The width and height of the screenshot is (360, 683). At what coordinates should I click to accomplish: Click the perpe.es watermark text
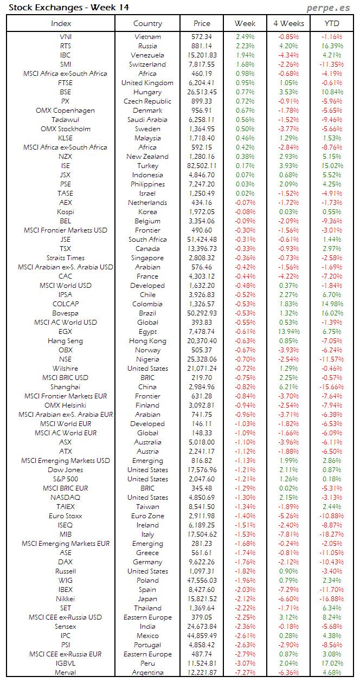[x=328, y=8]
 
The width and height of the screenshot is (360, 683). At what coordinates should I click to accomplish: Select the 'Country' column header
[x=147, y=23]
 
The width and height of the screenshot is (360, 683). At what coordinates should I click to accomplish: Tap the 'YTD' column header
[x=332, y=23]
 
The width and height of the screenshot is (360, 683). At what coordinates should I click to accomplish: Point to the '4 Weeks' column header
[x=288, y=23]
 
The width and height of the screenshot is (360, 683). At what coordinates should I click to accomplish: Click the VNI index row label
[x=66, y=37]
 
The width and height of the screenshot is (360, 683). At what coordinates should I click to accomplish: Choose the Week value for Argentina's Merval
[x=245, y=673]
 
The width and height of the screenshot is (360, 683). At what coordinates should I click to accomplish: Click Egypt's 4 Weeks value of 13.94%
[x=288, y=332]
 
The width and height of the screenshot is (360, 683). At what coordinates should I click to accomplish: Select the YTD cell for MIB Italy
[x=332, y=534]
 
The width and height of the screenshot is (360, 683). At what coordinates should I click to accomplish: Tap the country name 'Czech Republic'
[x=147, y=101]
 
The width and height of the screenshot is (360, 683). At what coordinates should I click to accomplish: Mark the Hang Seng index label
[x=66, y=341]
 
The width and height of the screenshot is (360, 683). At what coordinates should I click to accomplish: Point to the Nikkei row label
[x=66, y=599]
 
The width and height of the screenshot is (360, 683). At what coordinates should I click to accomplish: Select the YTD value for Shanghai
[x=332, y=387]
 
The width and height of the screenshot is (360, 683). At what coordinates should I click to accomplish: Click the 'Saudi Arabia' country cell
[x=147, y=120]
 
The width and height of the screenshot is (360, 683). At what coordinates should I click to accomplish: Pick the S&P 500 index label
[x=66, y=479]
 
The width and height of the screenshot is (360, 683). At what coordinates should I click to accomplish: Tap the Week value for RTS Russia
[x=245, y=46]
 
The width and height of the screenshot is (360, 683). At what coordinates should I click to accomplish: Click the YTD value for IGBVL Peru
[x=332, y=663]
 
